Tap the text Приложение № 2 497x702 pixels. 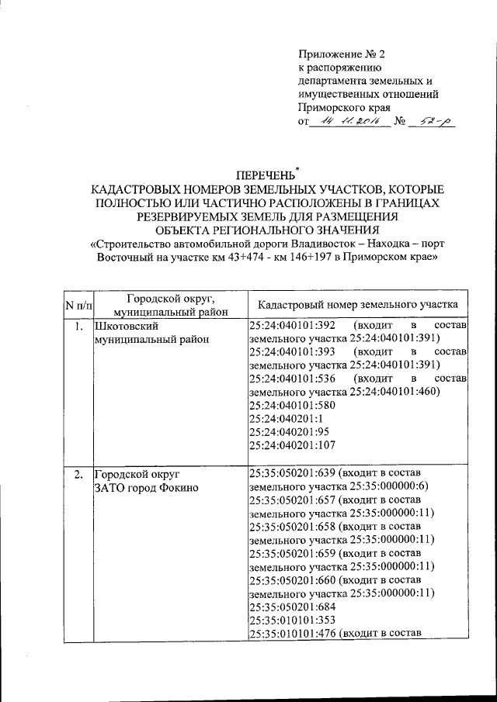pyautogui.click(x=341, y=54)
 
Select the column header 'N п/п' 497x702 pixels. pyautogui.click(x=77, y=305)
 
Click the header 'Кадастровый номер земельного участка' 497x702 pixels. pyautogui.click(x=357, y=305)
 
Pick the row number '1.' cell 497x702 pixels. pyautogui.click(x=77, y=326)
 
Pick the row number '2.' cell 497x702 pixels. pyautogui.click(x=77, y=473)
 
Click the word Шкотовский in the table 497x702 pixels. pyautogui.click(x=124, y=326)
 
